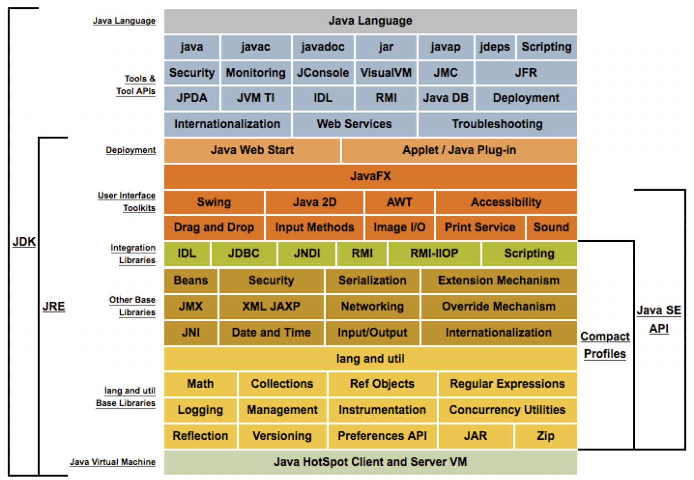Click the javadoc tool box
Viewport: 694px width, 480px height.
coord(323,47)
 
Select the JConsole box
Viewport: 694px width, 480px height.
coord(323,73)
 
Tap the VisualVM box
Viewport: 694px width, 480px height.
coord(386,73)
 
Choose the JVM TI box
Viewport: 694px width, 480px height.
coord(256,98)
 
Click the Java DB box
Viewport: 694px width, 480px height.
coord(446,98)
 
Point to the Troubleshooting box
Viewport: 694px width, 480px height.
coord(498,124)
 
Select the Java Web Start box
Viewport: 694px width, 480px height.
coord(252,150)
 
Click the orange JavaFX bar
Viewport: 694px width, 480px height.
coord(371,176)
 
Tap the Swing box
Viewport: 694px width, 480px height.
coord(214,202)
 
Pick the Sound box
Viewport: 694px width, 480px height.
coord(551,228)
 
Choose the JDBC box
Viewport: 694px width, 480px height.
coord(244,254)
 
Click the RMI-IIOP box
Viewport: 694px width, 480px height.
coord(434,254)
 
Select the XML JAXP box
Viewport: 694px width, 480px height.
coord(271,307)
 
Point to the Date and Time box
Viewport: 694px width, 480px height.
coord(271,333)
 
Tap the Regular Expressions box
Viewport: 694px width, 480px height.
coord(507,384)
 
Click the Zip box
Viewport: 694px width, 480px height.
coord(546,437)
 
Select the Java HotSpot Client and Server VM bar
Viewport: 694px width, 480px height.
coord(371,462)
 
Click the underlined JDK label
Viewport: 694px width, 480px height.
coord(24,242)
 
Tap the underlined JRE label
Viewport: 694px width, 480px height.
coord(54,306)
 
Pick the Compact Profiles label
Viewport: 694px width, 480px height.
coord(605,345)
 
